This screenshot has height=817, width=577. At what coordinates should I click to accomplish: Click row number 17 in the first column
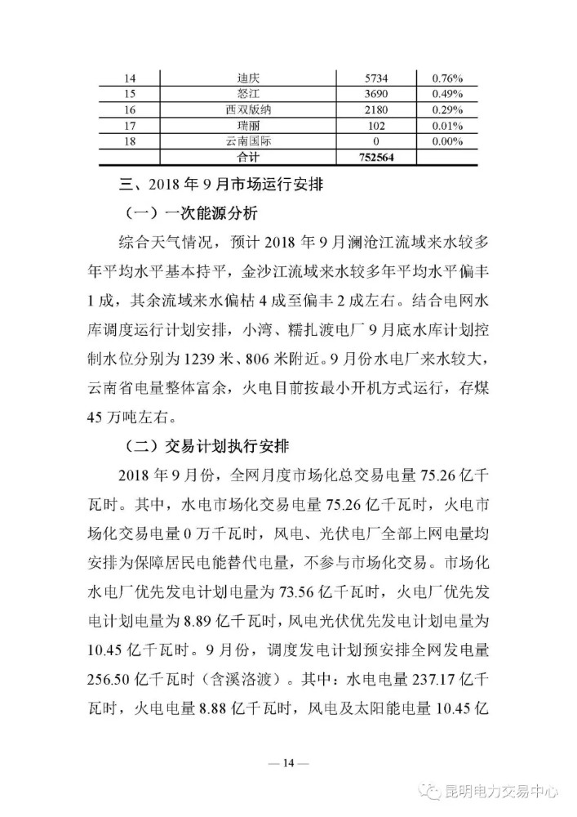pyautogui.click(x=129, y=125)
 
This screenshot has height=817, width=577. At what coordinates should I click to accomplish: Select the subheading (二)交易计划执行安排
pyautogui.click(x=203, y=447)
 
